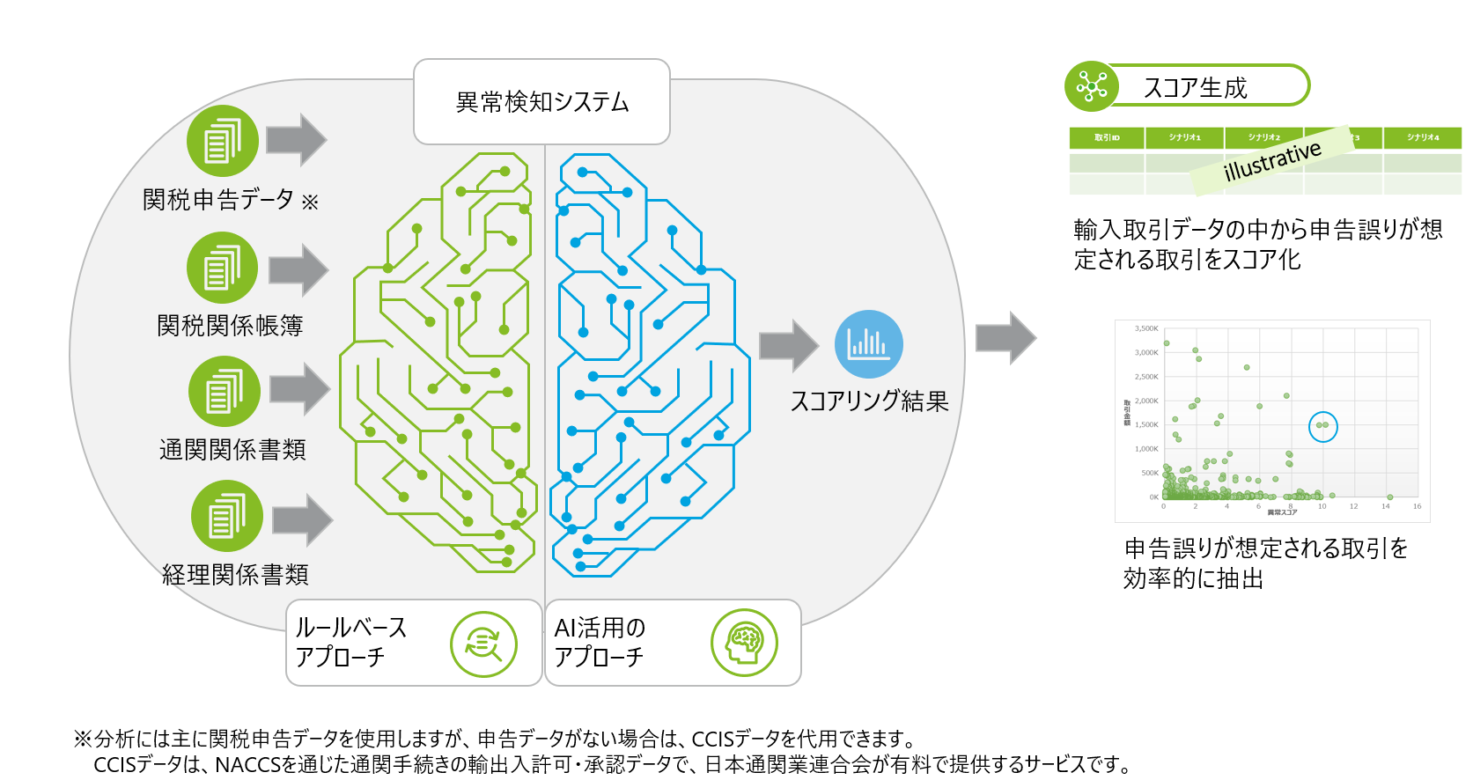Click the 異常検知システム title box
pos(541,102)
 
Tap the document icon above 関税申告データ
pos(222,141)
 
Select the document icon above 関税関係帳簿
pos(222,268)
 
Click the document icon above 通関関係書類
pos(224,392)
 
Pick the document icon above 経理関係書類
pos(226,516)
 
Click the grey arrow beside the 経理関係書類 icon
pos(302,519)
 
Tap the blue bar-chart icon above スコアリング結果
pos(868,344)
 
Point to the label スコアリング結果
pos(869,401)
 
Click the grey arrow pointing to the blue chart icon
pos(789,345)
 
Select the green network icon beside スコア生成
pos(1091,86)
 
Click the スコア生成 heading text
pos(1195,88)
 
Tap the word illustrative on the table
pos(1272,160)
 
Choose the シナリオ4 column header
pos(1422,137)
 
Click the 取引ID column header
pos(1107,137)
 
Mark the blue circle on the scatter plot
pos(1322,426)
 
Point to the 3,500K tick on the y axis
pos(1146,328)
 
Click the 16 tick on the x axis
pos(1417,506)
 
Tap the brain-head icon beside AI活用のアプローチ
pos(744,643)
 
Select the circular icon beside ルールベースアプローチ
pos(483,644)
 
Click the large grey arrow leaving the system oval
pos(1005,337)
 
